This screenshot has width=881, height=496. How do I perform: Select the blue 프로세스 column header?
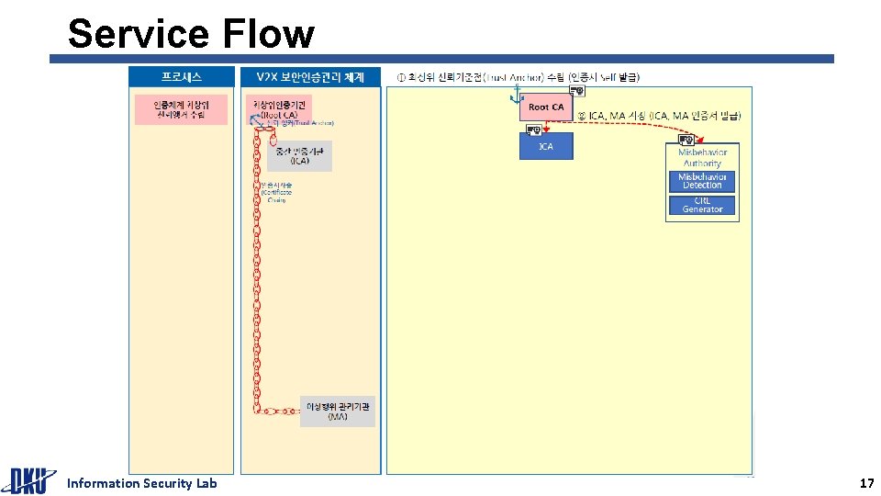pyautogui.click(x=182, y=76)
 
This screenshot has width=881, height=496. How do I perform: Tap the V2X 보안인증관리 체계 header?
pyautogui.click(x=310, y=76)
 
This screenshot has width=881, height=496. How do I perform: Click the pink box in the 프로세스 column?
pyautogui.click(x=182, y=109)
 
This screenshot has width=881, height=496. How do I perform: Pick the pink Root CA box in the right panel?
pyautogui.click(x=545, y=107)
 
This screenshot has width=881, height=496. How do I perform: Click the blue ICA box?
pyautogui.click(x=546, y=146)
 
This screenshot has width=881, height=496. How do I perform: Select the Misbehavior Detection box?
pyautogui.click(x=702, y=181)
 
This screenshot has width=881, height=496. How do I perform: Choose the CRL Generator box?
pyautogui.click(x=702, y=205)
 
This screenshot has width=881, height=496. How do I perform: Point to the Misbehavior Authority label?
pyautogui.click(x=702, y=157)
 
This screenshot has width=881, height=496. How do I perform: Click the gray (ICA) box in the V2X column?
pyautogui.click(x=300, y=156)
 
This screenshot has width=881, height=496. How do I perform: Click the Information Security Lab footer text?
pyautogui.click(x=142, y=483)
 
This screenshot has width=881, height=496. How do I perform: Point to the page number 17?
pyautogui.click(x=865, y=483)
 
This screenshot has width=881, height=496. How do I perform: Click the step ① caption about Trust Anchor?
pyautogui.click(x=519, y=76)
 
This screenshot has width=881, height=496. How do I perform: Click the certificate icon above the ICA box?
pyautogui.click(x=533, y=130)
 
